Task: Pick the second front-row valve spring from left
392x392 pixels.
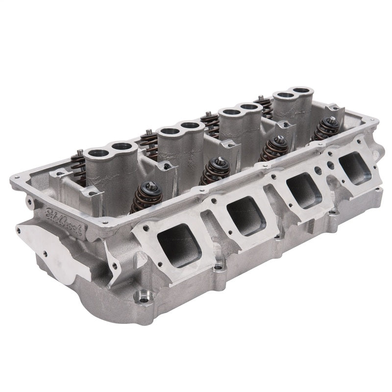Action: (x=214, y=170)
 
